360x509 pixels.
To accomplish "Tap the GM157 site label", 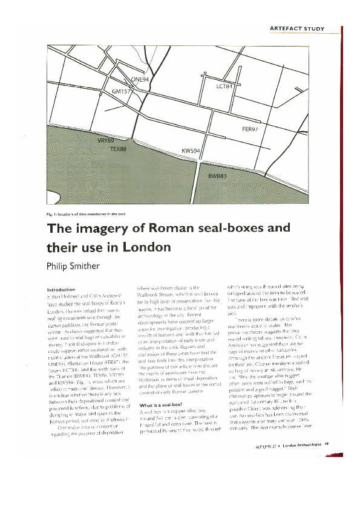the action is (x=122, y=91).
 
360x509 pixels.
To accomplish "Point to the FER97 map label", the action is (x=250, y=129).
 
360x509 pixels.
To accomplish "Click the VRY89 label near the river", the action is (x=106, y=140).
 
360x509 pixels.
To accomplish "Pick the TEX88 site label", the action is (x=118, y=148).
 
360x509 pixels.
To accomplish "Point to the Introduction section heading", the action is (x=62, y=289).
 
